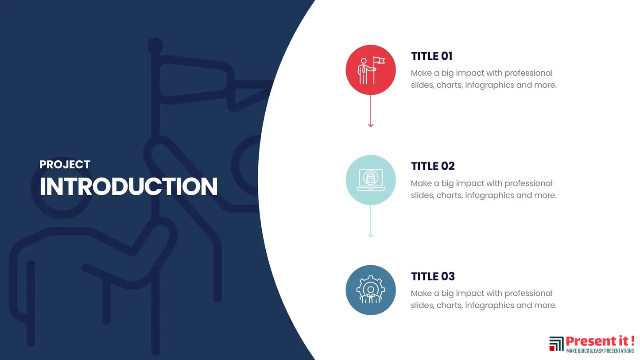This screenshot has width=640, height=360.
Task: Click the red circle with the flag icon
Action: click(371, 70)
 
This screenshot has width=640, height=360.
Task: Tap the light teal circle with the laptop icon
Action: click(371, 180)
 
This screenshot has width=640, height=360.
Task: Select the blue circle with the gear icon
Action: click(371, 290)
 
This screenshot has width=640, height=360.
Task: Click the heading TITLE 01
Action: click(431, 56)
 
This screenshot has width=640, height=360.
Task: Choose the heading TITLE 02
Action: click(433, 166)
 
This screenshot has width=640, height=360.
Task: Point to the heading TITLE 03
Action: click(433, 277)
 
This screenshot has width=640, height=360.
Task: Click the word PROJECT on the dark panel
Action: click(65, 165)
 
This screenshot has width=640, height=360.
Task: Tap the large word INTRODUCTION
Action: click(128, 186)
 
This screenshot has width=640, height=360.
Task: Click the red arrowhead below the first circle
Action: click(371, 125)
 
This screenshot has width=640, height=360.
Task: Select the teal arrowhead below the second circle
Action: click(371, 235)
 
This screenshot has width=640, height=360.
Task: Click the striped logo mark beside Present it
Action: click(556, 344)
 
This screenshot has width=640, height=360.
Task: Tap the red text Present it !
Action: click(600, 341)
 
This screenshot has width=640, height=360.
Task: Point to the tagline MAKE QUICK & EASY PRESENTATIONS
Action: click(600, 351)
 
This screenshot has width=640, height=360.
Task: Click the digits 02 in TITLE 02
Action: click(448, 166)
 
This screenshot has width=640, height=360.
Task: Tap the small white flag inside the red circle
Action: click(380, 61)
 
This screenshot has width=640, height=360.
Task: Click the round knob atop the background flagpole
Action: click(155, 46)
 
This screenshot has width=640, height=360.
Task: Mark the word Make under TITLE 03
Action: click(421, 294)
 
